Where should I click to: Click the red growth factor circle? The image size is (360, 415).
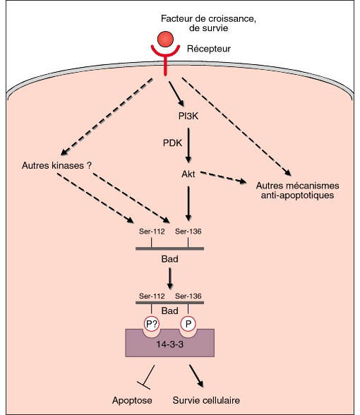pos(165,40)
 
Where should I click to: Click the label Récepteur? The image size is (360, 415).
pos(209,49)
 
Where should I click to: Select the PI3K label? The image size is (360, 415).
pos(188,116)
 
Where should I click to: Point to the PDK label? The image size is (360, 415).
pos(172,143)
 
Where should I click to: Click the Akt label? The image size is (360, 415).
pos(188,174)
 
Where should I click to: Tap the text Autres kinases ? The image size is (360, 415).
pos(56,165)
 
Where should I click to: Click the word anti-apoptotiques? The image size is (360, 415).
pos(297,196)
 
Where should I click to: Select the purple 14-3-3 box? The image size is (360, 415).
pos(169,344)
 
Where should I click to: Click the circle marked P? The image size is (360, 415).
pos(151,324)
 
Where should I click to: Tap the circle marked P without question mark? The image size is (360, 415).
pos(188,324)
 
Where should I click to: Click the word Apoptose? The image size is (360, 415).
pos(132,400)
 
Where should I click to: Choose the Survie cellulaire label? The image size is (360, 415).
pos(206,400)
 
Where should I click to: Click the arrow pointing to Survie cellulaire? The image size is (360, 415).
pos(196,376)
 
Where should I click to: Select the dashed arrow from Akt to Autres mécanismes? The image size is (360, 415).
pos(223,177)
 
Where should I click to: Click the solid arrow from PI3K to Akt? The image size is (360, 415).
pos(188,145)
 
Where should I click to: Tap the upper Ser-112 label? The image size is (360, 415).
pos(152,231)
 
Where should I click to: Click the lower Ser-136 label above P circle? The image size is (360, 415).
pos(188,296)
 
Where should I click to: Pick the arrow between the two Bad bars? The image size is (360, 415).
pos(169,278)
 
